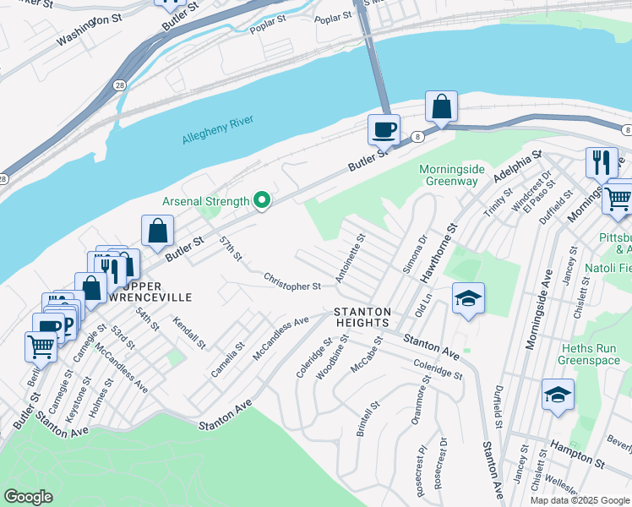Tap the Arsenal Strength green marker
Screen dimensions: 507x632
262,200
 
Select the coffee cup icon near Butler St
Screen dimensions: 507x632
384,131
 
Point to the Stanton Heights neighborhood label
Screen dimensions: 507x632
361,317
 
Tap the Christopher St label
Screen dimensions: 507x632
291,281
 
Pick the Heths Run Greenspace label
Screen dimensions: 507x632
589,354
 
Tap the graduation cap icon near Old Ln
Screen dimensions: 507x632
468,299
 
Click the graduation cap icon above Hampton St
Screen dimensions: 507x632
558,395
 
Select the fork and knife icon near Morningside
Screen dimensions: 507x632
602,161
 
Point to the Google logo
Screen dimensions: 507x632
28,497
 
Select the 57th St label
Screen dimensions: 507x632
229,249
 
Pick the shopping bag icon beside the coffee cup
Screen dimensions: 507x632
441,107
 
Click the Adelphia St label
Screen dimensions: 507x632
517,172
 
